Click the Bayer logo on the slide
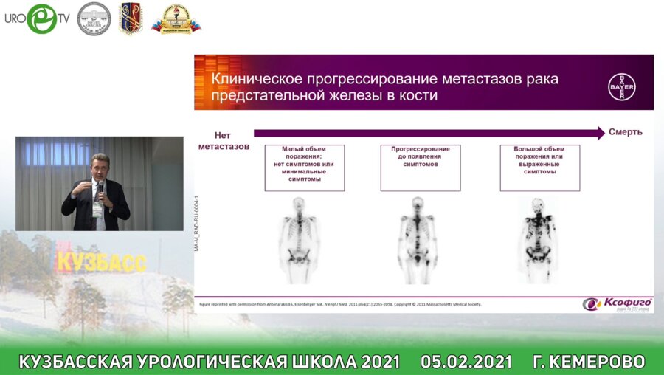(x=620, y=87)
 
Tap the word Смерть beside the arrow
(x=625, y=132)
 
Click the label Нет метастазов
(x=223, y=140)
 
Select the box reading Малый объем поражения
(x=304, y=168)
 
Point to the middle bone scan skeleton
(x=418, y=240)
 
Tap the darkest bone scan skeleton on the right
(x=537, y=240)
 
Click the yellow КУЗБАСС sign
(x=101, y=261)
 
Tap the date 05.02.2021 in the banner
(x=466, y=362)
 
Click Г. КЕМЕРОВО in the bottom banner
(x=588, y=362)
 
